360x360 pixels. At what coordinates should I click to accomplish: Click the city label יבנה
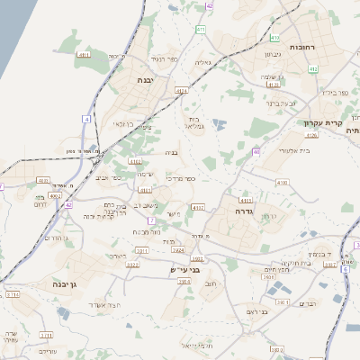tap(145, 79)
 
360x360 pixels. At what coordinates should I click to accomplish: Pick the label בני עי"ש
tap(184, 268)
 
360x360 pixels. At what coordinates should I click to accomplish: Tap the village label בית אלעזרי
tap(294, 150)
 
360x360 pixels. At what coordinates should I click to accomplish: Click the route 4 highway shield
tap(86, 119)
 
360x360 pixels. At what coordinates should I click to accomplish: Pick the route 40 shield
tap(256, 151)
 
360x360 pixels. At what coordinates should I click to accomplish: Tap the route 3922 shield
tap(131, 265)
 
